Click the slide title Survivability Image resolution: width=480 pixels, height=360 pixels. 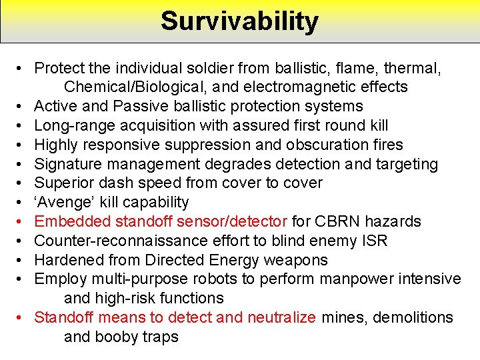pyautogui.click(x=239, y=21)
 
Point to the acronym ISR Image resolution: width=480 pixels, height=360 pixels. pyautogui.click(x=374, y=241)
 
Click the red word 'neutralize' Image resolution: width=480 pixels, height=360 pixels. pyautogui.click(x=282, y=318)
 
